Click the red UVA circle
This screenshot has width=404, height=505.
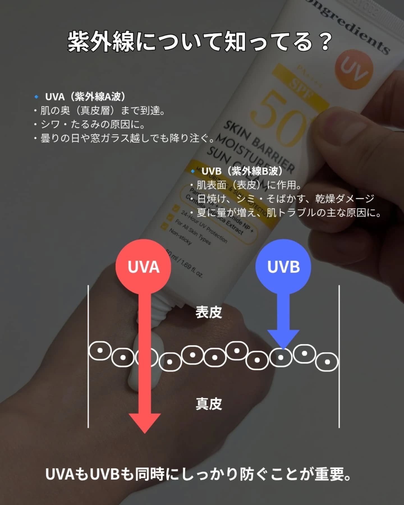[x=143, y=267]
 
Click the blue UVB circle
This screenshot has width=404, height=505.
[x=283, y=267]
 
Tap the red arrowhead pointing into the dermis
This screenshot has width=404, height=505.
[x=144, y=422]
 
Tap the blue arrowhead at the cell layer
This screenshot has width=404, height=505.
[x=283, y=338]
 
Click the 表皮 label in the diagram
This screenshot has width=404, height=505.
[x=208, y=312]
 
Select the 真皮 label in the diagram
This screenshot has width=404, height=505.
[x=208, y=404]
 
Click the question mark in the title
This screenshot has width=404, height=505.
[x=325, y=42]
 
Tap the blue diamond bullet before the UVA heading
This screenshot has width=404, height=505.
[x=36, y=97]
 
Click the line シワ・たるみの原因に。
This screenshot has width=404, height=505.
[x=93, y=124]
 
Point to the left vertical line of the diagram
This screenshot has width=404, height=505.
[x=88, y=356]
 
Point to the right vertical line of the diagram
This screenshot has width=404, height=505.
[x=339, y=356]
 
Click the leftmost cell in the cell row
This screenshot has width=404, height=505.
[x=100, y=351]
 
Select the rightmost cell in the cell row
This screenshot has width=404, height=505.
[x=327, y=362]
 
